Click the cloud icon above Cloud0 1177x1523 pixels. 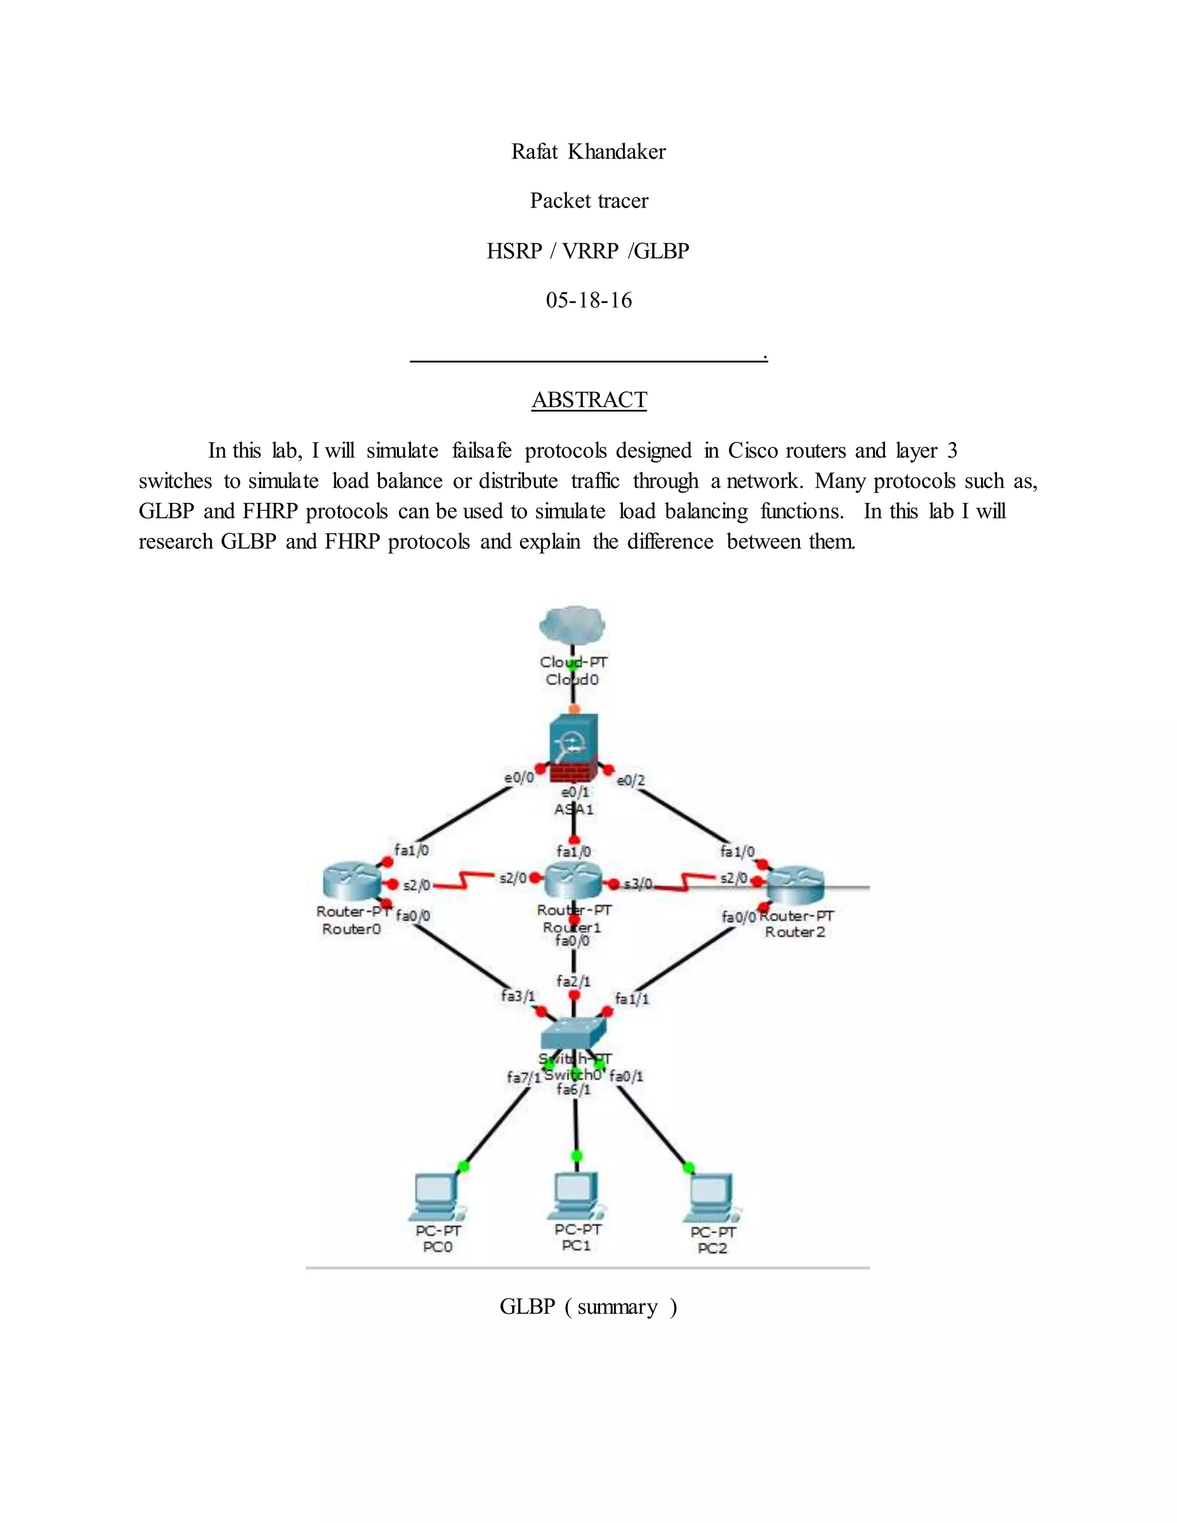point(572,624)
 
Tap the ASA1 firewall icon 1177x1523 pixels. point(572,748)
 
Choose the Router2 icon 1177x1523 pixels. point(795,886)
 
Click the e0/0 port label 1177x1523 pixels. point(519,777)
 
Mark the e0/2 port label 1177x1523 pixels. point(631,780)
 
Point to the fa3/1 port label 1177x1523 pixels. point(517,996)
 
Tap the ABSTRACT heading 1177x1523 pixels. point(588,399)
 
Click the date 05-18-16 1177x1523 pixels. point(588,301)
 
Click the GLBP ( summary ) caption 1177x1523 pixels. point(588,1307)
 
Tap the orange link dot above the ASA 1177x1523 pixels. point(575,709)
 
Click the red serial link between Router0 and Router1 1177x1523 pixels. point(464,882)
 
